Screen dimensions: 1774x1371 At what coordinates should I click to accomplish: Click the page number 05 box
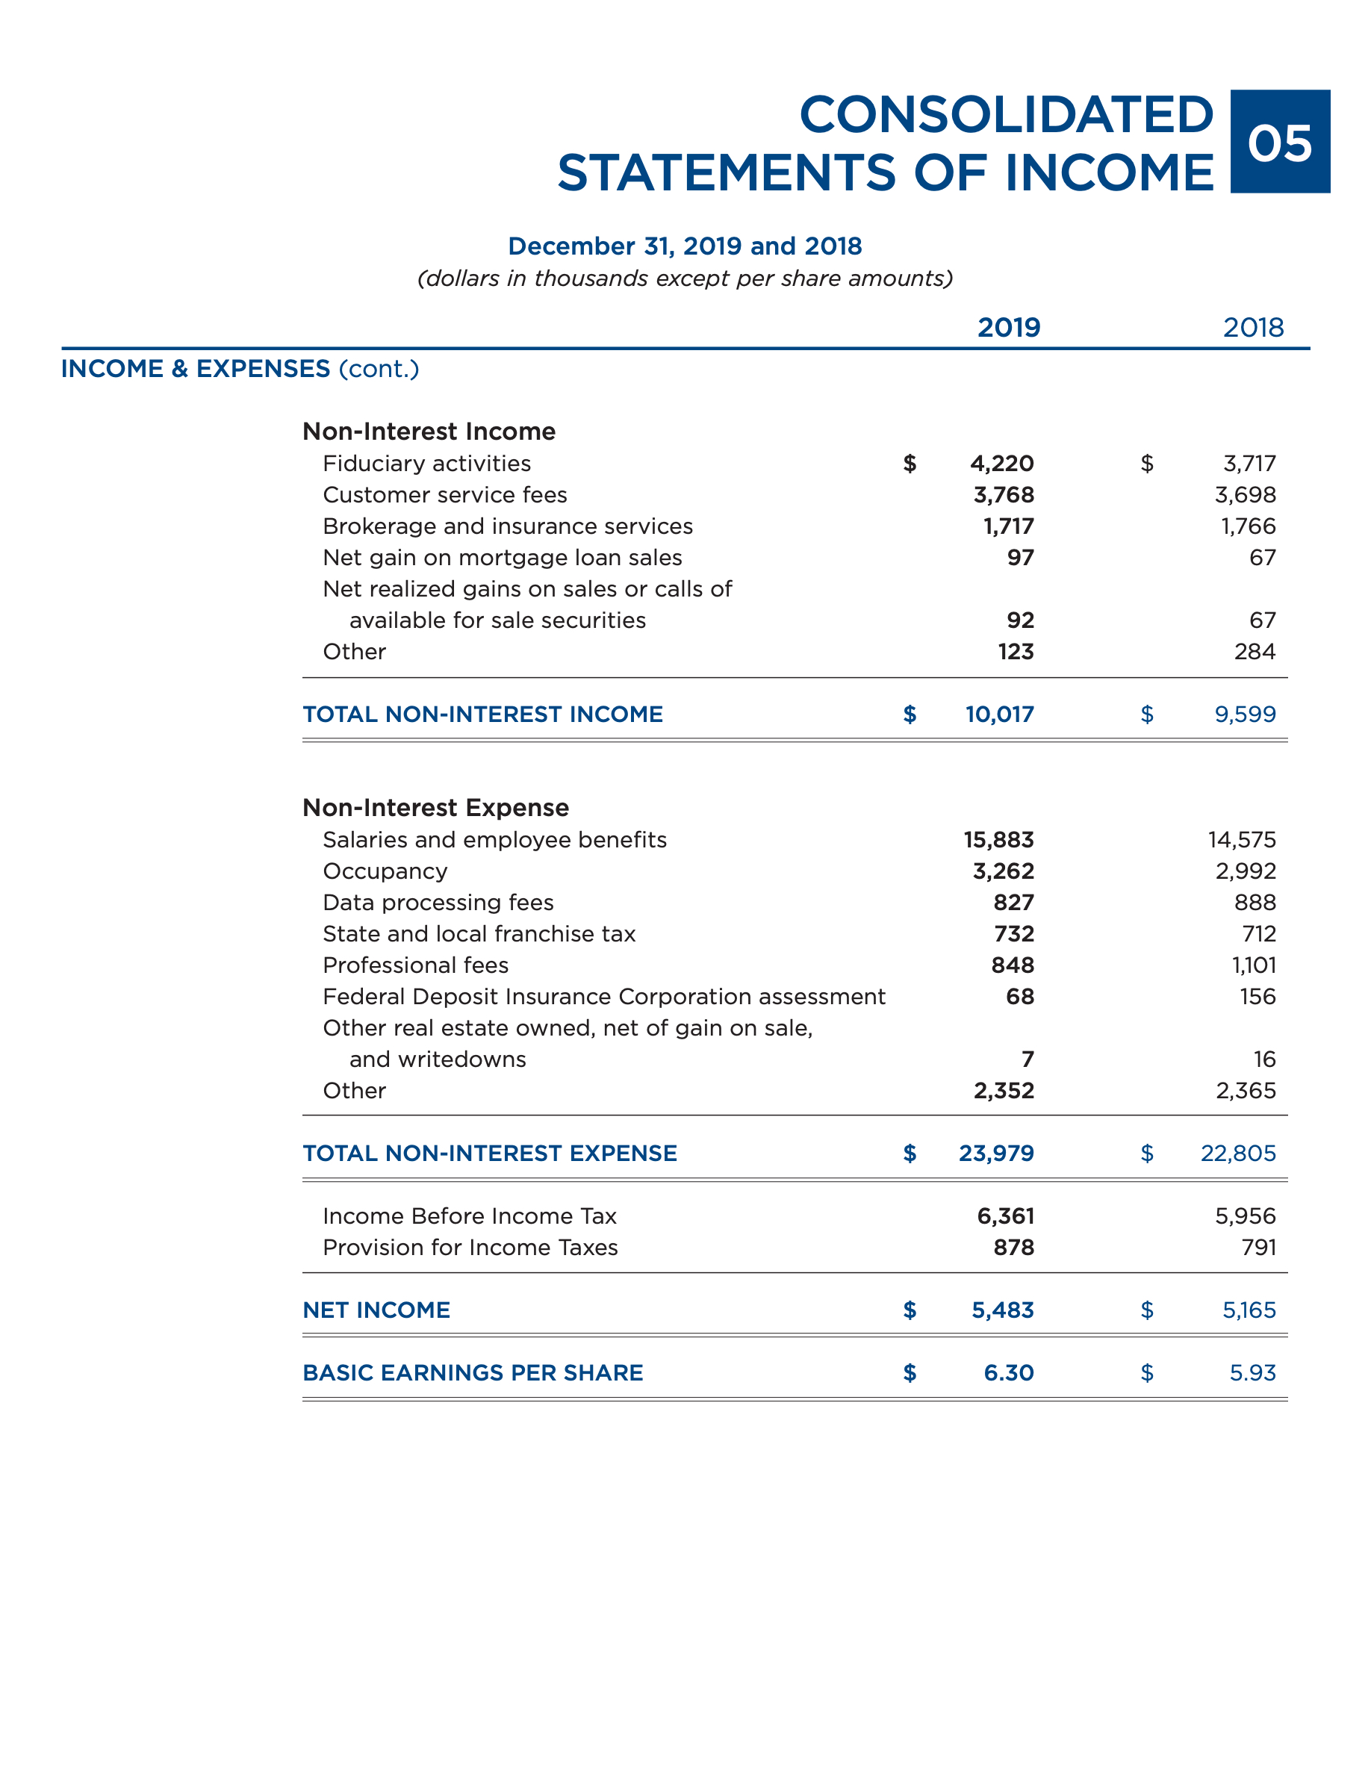point(1279,141)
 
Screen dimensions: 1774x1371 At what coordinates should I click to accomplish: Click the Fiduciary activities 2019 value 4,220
point(1001,463)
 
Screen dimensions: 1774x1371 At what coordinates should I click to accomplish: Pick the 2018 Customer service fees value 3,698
point(1245,495)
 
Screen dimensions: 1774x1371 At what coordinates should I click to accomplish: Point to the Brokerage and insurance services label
point(508,526)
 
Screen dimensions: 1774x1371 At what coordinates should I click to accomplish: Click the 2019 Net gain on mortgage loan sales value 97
point(1020,557)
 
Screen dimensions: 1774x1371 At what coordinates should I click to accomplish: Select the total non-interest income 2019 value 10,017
point(999,714)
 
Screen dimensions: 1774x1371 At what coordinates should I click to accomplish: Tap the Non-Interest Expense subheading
point(435,807)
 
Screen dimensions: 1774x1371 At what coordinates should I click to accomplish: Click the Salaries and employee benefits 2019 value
point(998,839)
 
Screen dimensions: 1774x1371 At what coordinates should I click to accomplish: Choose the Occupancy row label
point(385,871)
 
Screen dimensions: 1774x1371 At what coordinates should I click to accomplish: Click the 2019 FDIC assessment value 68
point(1019,996)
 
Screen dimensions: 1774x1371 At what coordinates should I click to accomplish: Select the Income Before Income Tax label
point(470,1216)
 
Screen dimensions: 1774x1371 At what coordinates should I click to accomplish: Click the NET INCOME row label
point(376,1310)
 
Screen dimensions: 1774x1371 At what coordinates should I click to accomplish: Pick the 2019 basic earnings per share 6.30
point(1008,1373)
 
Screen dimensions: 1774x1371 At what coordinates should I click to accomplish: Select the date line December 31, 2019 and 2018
point(685,246)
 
